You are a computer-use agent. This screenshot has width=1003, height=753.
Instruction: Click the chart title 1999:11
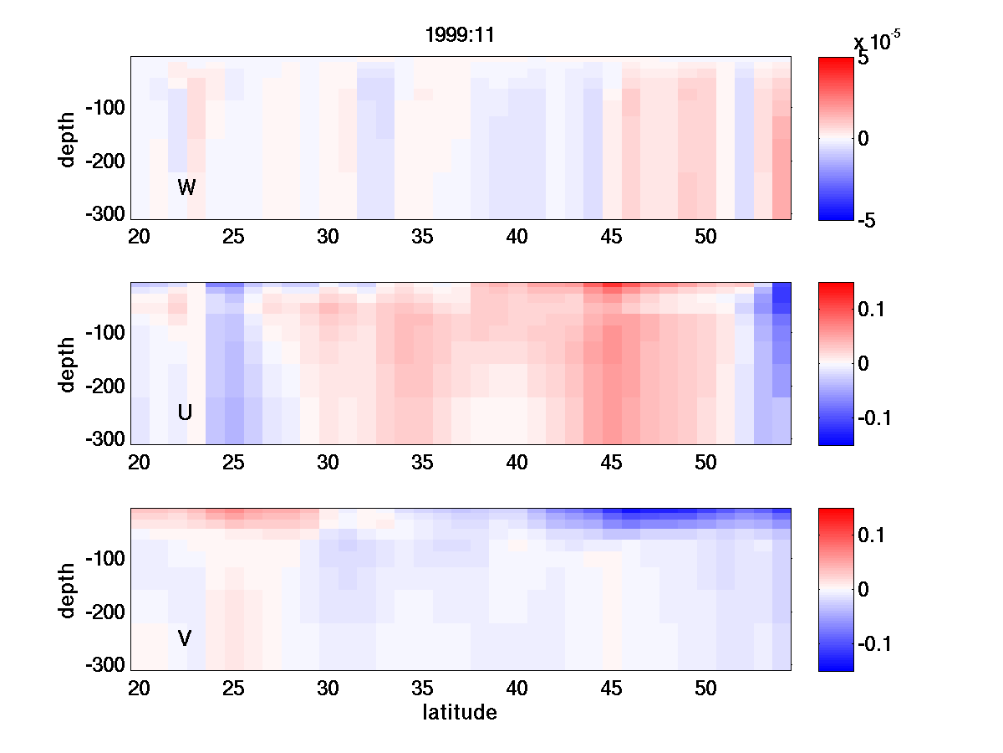(460, 36)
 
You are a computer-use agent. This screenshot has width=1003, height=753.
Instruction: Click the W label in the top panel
(186, 187)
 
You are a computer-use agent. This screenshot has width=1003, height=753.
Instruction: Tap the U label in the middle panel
(186, 412)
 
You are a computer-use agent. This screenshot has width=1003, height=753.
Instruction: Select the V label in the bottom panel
(186, 638)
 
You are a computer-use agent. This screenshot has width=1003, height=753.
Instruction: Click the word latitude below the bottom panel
(460, 713)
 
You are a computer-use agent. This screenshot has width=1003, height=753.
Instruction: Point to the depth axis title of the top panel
(68, 138)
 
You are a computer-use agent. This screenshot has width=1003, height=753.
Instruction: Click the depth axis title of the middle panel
(68, 364)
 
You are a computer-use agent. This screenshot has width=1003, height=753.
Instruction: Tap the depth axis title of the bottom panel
(68, 590)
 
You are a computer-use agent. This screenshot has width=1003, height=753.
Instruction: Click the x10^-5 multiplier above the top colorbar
(877, 41)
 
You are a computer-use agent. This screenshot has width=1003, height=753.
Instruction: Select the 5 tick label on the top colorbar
(863, 59)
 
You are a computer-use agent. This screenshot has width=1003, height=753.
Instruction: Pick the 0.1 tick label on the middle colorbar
(873, 310)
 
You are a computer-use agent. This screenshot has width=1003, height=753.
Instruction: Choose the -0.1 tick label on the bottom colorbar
(875, 643)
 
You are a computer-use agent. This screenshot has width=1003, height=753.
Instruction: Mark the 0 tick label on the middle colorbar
(864, 364)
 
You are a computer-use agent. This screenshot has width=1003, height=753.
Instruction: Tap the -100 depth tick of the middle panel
(104, 333)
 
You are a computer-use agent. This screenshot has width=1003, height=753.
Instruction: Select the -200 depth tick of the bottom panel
(104, 612)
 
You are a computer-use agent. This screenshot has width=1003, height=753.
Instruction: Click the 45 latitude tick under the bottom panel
(612, 689)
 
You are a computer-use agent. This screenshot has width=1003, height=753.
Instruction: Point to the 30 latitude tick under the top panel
(328, 238)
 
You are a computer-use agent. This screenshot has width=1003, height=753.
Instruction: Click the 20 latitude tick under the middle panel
(139, 464)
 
